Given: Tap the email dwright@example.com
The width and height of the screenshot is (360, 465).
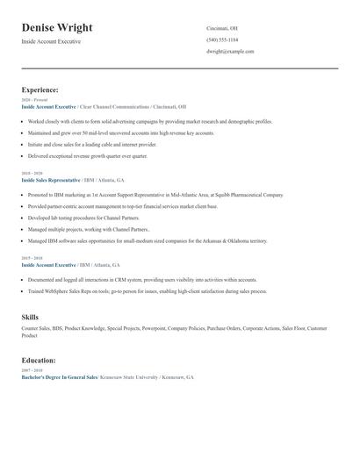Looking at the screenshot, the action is [230, 52].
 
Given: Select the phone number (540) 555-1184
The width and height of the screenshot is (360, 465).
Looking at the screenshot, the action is [222, 39].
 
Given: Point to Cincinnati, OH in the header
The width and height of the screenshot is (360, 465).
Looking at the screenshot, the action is [222, 28].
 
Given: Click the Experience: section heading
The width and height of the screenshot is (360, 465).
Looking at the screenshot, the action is [40, 89].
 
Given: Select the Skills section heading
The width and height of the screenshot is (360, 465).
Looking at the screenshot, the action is [30, 317].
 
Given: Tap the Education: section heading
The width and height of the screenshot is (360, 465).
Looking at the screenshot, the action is [39, 360].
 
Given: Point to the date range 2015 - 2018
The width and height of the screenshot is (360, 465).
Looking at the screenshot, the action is [31, 258].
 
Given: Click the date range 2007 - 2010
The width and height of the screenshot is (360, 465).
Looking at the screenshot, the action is [31, 370].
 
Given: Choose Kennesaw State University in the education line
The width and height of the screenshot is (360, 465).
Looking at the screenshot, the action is [130, 376].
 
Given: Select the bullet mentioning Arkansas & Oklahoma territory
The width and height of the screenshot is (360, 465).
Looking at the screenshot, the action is [148, 240].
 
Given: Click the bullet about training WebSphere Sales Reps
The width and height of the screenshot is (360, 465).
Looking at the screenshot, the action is [148, 290].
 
